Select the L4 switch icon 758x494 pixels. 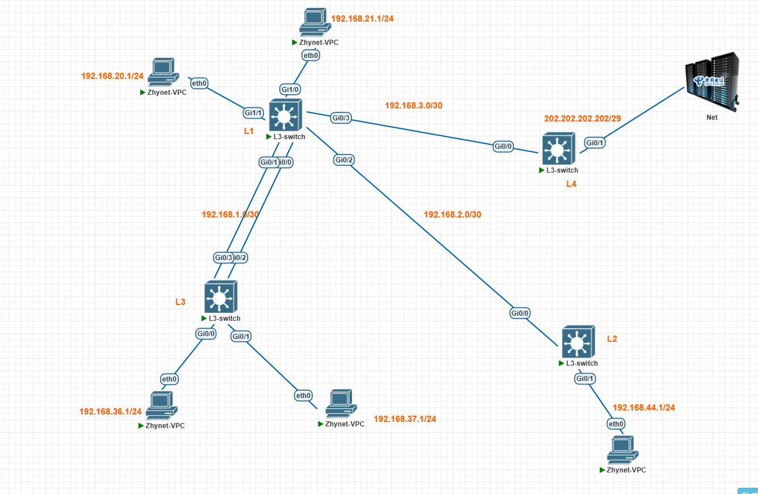coord(559,149)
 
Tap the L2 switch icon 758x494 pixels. coord(578,342)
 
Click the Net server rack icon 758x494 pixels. coord(712,82)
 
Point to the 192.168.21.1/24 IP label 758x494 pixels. coord(362,19)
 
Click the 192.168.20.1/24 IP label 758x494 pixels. coord(112,76)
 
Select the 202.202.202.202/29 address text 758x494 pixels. coord(583,119)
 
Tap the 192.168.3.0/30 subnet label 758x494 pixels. coord(413,105)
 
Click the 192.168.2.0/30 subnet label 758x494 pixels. coord(453,215)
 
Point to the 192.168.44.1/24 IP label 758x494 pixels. coord(644,408)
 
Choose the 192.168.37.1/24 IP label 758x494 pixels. coord(405,419)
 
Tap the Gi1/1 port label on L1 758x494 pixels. coord(253,113)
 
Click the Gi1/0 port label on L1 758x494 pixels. coord(290,89)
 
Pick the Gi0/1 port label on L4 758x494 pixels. coord(594,143)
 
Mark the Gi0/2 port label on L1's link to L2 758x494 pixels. coord(344,160)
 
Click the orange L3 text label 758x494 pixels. coord(180,302)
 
